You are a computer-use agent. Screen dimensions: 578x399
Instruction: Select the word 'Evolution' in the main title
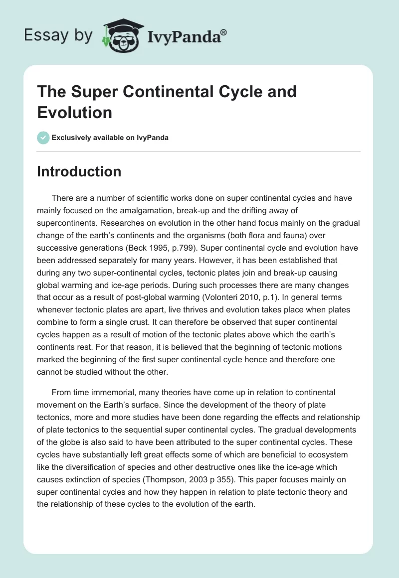point(75,112)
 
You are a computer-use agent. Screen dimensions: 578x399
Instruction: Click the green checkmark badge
point(43,138)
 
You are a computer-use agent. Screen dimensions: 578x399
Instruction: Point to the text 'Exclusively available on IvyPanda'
point(110,138)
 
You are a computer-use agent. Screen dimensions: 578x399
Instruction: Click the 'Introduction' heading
point(79,171)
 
